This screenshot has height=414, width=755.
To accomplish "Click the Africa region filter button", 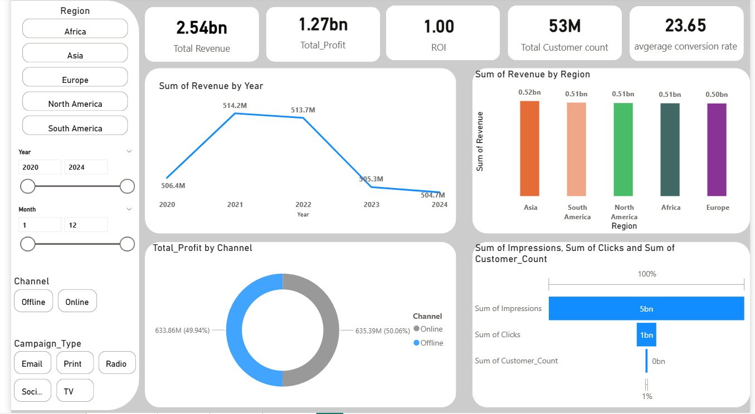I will click(75, 29).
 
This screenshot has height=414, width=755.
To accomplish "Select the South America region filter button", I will click(75, 126).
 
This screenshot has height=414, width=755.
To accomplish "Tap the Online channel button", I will click(77, 301).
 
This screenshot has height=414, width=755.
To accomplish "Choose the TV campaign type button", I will click(75, 391).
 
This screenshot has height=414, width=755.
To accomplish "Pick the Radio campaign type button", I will click(116, 363).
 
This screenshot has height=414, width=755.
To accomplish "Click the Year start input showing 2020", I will click(40, 167).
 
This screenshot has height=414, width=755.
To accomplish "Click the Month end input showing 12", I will click(86, 225).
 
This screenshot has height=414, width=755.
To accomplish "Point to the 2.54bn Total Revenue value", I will click(201, 27).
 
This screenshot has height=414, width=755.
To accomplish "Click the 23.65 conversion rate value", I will click(685, 26).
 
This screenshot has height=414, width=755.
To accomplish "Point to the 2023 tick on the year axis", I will click(371, 205).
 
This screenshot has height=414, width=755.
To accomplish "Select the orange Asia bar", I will click(530, 149).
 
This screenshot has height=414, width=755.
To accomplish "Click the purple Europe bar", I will click(717, 150).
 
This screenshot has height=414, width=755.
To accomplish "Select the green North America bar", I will click(624, 149).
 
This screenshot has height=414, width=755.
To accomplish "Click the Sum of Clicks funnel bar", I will click(646, 334).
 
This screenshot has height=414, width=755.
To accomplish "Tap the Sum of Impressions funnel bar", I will click(646, 308).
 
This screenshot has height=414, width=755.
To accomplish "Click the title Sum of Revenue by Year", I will click(211, 86).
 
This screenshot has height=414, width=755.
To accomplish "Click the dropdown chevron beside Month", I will click(129, 209).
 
